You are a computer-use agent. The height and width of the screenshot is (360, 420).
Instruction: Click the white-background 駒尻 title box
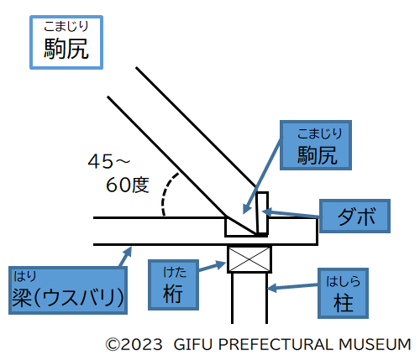tap(66, 42)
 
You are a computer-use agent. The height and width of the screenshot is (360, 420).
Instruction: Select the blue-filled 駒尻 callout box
tap(316, 145)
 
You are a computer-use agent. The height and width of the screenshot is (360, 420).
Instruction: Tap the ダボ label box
tap(354, 216)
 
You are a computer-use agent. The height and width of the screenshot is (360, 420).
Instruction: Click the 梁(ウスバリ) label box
tap(68, 290)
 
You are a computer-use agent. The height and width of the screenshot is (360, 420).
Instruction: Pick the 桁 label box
tap(173, 284)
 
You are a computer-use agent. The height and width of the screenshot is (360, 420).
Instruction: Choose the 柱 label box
tap(343, 293)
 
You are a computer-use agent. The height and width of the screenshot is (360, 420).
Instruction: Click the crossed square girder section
tap(249, 259)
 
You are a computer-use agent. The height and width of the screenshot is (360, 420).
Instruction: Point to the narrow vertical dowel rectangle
tap(262, 212)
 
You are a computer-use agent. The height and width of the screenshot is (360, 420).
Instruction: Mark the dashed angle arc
tap(165, 193)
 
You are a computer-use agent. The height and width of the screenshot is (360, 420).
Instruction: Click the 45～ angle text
tap(109, 161)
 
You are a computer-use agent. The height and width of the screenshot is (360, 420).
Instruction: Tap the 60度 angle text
tap(128, 185)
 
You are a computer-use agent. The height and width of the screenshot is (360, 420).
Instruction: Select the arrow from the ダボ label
tap(291, 214)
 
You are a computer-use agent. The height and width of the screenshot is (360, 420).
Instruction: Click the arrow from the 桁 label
tap(213, 266)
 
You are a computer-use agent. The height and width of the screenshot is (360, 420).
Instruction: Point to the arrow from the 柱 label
tap(292, 287)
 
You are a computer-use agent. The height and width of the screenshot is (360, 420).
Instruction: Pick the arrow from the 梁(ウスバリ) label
tap(125, 257)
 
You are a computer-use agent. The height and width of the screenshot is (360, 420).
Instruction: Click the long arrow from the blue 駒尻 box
tap(262, 175)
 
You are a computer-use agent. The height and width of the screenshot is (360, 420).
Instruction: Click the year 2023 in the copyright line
tap(141, 344)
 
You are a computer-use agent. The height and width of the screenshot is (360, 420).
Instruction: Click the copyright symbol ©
tap(113, 344)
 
